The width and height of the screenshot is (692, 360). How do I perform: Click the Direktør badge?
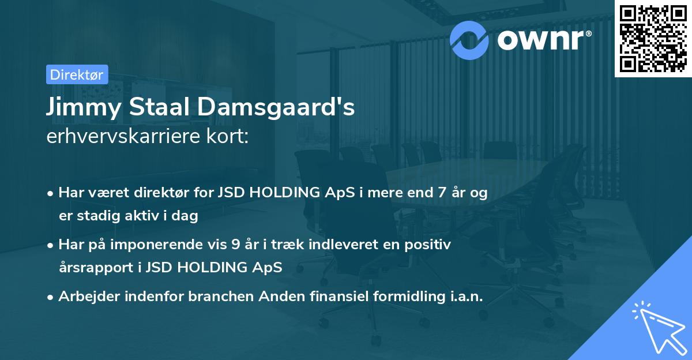click(x=77, y=74)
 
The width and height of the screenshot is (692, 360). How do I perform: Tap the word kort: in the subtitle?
click(x=229, y=137)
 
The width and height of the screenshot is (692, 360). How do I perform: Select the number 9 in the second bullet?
click(x=235, y=245)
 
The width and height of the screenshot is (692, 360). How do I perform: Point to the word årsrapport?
click(x=93, y=268)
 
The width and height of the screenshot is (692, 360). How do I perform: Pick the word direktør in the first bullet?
click(x=179, y=193)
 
